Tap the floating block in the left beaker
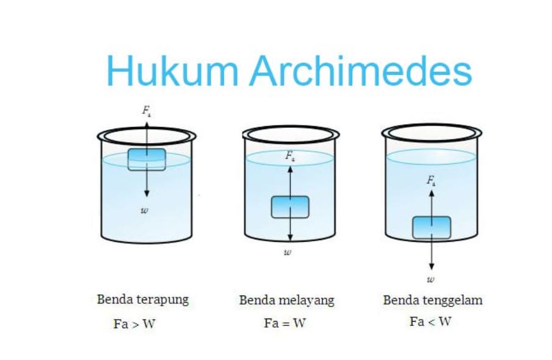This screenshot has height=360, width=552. pyautogui.click(x=146, y=159)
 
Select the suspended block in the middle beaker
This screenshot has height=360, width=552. pyautogui.click(x=290, y=207)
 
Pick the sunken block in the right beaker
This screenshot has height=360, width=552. pyautogui.click(x=431, y=227)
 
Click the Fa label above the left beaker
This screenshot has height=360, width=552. pyautogui.click(x=147, y=111)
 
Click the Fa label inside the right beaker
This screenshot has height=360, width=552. pyautogui.click(x=431, y=181)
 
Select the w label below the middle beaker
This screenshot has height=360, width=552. pyautogui.click(x=288, y=252)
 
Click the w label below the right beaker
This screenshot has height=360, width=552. pyautogui.click(x=431, y=280)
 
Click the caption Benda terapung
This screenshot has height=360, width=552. pyautogui.click(x=143, y=300)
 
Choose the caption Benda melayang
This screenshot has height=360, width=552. pyautogui.click(x=286, y=300)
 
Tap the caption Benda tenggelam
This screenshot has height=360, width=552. pyautogui.click(x=433, y=300)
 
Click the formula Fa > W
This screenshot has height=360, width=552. pyautogui.click(x=134, y=324)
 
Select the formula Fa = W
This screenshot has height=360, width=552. pyautogui.click(x=285, y=323)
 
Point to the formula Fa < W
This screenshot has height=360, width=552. pyautogui.click(x=430, y=322)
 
